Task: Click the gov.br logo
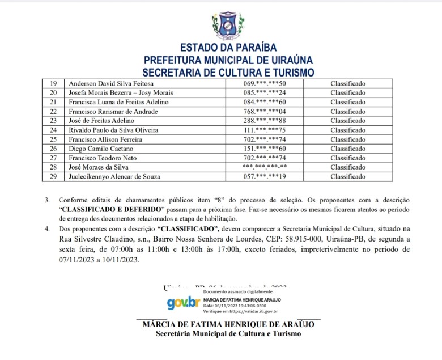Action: coord(182,303)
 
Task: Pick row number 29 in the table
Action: coord(54,176)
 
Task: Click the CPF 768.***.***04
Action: coord(264,111)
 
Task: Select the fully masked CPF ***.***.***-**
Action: coord(264,167)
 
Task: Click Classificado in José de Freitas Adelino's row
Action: coord(348,121)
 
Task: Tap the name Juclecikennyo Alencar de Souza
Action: coord(114,176)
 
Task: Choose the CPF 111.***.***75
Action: coord(264,130)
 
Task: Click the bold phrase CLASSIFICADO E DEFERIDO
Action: coord(109,209)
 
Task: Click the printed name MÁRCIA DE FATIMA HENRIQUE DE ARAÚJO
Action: coord(228,325)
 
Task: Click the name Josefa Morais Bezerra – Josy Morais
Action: coord(121,92)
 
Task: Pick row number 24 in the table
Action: coord(54,130)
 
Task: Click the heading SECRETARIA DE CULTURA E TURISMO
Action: coord(228,72)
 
